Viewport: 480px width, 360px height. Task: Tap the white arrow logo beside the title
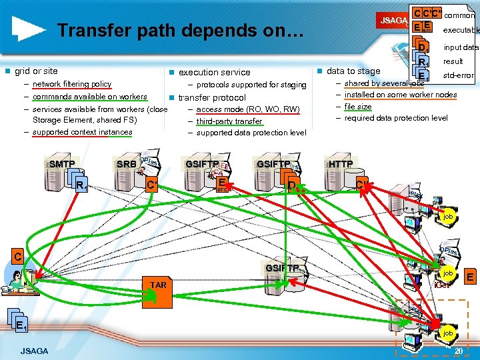(x=29, y=29)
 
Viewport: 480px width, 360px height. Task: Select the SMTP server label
(x=62, y=164)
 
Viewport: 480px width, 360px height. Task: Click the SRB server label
(x=126, y=164)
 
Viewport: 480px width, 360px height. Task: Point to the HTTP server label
(x=341, y=164)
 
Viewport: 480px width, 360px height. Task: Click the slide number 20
(x=459, y=351)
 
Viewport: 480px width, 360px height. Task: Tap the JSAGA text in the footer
(x=34, y=351)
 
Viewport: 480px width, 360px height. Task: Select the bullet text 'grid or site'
(x=36, y=71)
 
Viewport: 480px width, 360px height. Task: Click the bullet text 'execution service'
(x=214, y=72)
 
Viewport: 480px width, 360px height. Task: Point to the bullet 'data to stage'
(x=353, y=71)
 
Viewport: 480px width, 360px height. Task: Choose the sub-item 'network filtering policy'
(x=72, y=84)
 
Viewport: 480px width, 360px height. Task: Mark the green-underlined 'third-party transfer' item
(x=229, y=121)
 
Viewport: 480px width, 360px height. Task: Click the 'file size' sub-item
(x=358, y=106)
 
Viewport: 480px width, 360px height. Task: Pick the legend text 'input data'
(x=461, y=47)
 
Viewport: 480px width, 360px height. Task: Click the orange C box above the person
(x=19, y=255)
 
